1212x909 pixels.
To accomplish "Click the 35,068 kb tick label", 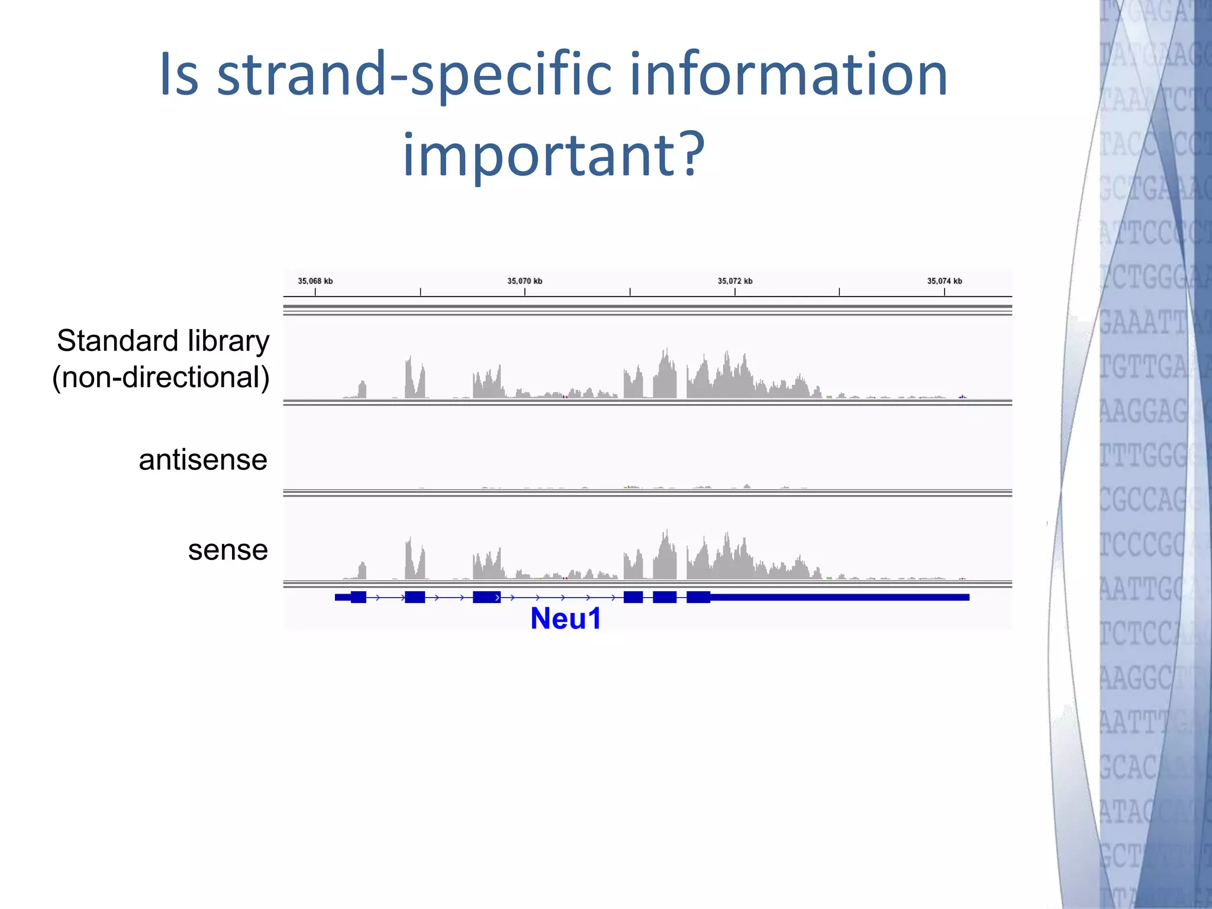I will click(315, 281).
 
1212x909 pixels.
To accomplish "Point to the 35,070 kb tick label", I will click(524, 281).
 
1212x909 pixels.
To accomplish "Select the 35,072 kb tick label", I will click(735, 281).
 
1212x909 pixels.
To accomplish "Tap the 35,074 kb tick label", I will click(945, 281).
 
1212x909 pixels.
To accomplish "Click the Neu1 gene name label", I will click(566, 619).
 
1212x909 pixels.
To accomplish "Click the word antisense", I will click(203, 460).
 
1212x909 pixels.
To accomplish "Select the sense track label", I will click(228, 550).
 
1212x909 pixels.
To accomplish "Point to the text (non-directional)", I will click(161, 378).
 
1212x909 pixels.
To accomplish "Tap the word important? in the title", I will click(553, 155).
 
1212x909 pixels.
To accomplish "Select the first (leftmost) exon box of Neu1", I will click(358, 597).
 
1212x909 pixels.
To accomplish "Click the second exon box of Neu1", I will click(414, 597).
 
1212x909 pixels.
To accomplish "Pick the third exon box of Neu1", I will click(486, 597).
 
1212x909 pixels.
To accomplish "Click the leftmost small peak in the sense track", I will click(362, 571).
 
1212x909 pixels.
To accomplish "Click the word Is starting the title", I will click(179, 75).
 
